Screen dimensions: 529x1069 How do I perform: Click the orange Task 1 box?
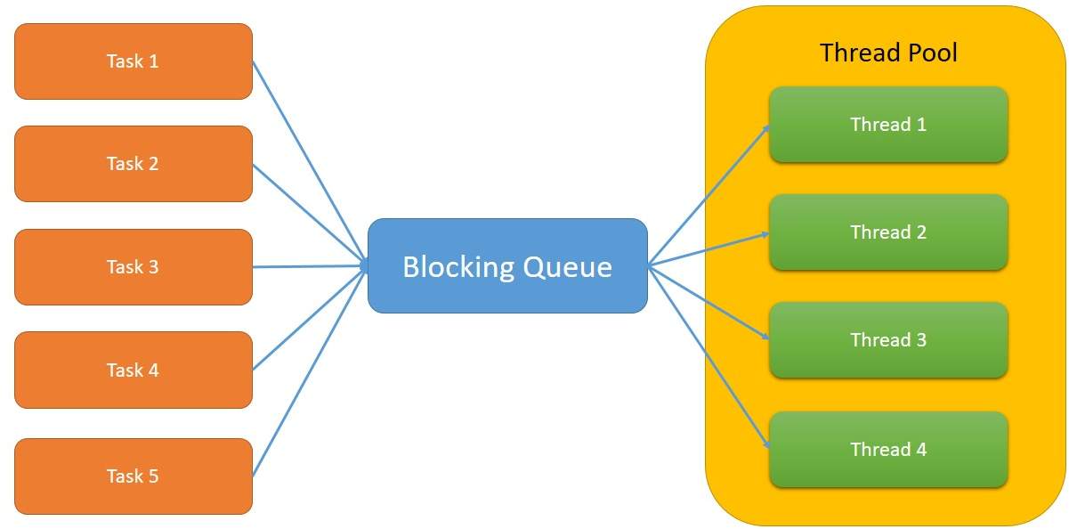point(134,61)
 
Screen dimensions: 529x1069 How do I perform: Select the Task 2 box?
point(134,164)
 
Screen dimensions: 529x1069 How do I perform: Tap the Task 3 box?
point(134,267)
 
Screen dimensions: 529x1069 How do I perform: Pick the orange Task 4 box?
point(134,370)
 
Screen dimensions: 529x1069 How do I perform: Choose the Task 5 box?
point(134,476)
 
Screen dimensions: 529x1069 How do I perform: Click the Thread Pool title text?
point(888,53)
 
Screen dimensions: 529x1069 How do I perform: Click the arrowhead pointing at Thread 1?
point(765,130)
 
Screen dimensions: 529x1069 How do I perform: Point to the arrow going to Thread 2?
point(712,248)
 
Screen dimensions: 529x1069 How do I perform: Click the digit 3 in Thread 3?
point(921,340)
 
